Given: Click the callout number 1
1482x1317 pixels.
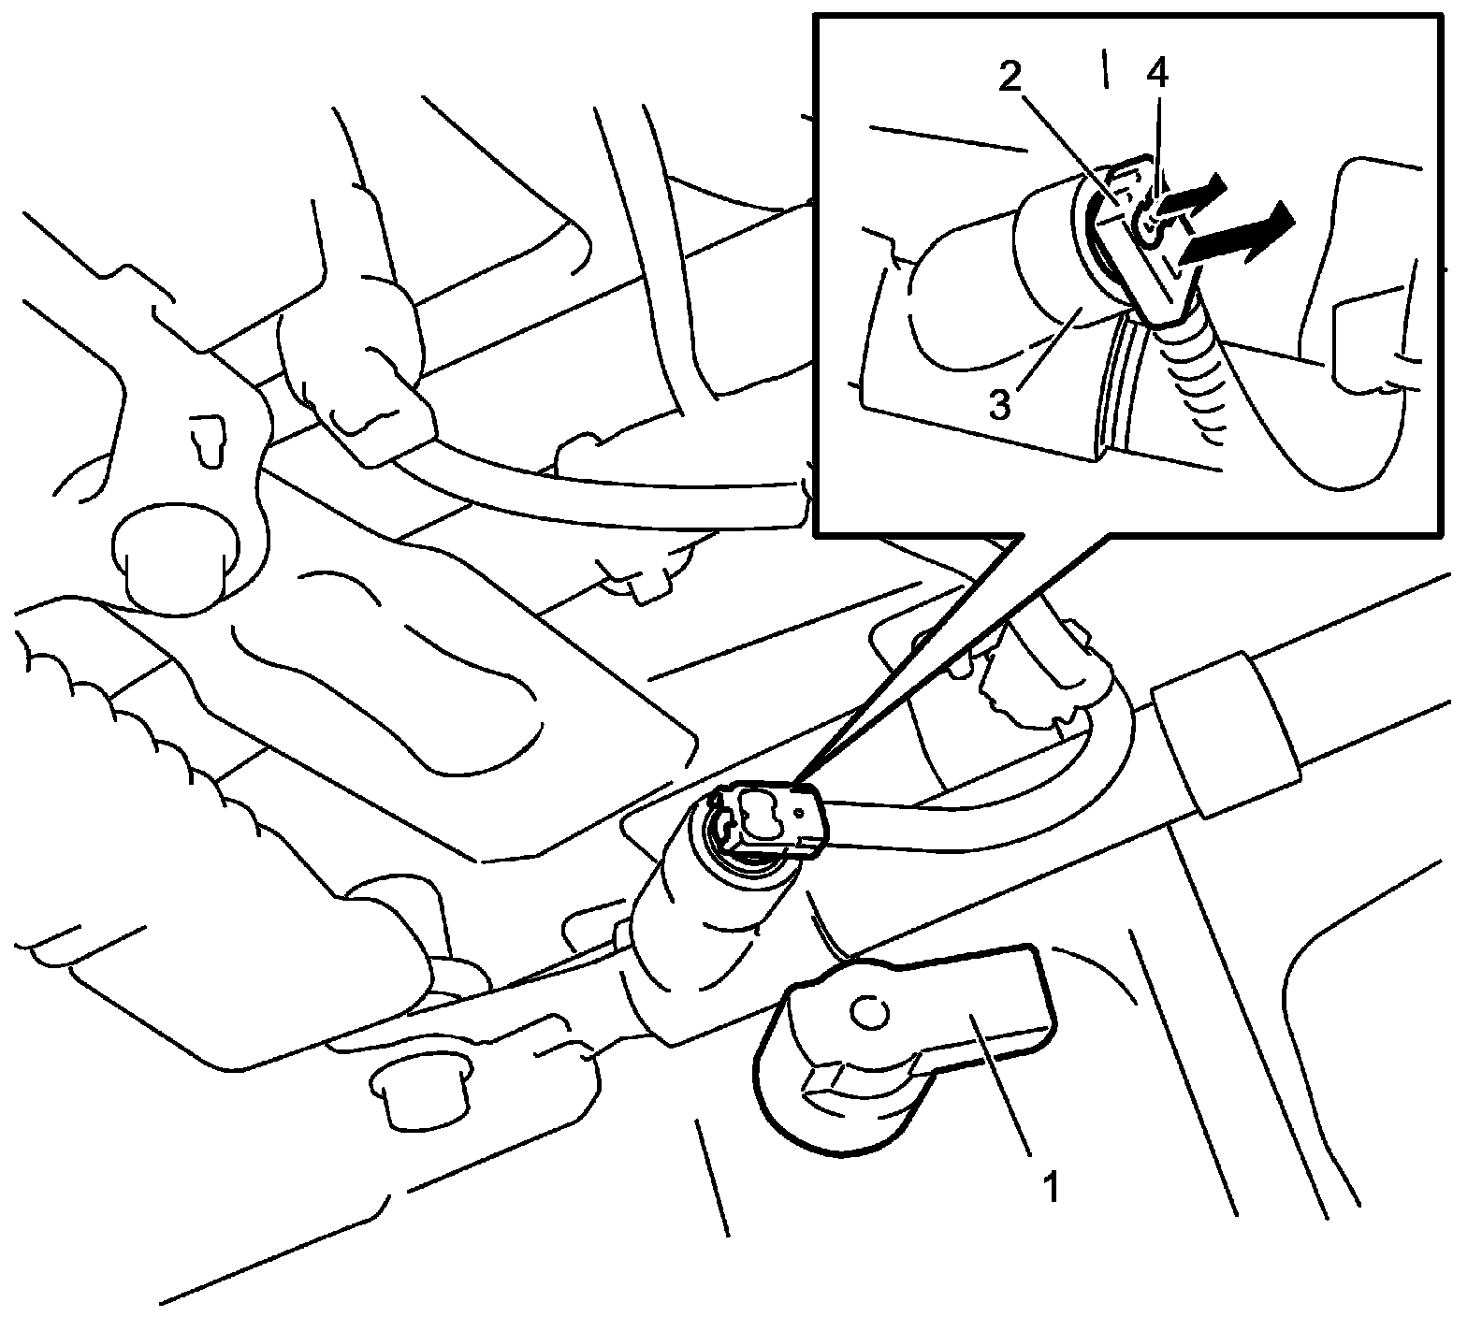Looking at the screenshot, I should (x=1051, y=1189).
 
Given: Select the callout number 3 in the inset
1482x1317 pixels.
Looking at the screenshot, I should (x=999, y=406).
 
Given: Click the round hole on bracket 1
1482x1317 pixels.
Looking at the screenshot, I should (x=867, y=1012).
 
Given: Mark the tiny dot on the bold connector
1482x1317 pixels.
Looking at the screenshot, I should (x=801, y=813).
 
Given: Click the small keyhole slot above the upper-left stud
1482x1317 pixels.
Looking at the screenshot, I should (x=207, y=436).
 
